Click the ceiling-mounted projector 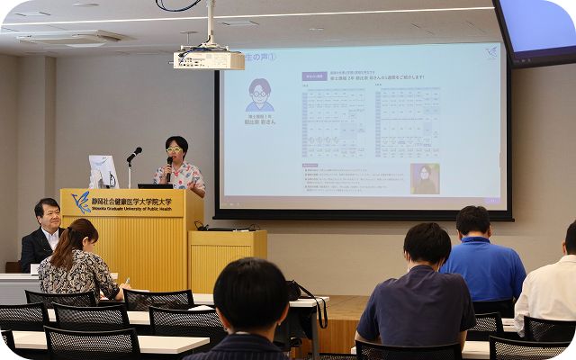pos(209,59)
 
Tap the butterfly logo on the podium pos(81,202)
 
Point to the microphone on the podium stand pos(134,154)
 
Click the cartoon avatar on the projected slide pos(259,94)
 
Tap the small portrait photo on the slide pos(425,178)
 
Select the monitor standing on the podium pos(103,171)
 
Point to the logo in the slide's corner pos(490,52)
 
